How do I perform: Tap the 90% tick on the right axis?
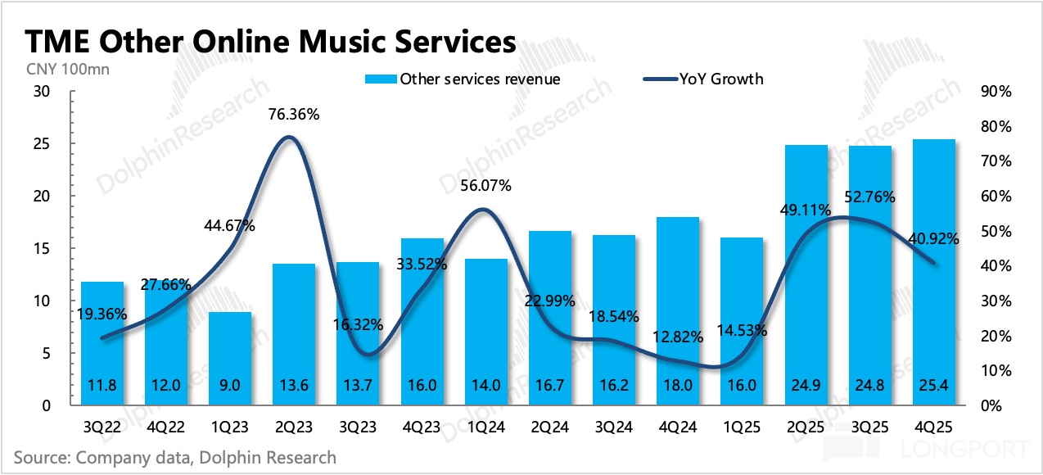996,92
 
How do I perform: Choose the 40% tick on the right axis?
996,266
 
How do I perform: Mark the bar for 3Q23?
358,336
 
